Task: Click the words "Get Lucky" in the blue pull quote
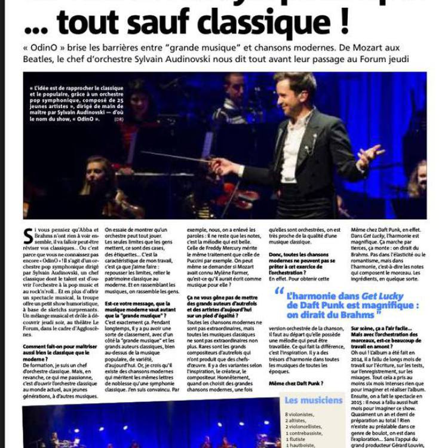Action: [x=382, y=296]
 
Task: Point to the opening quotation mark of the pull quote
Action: [x=279, y=291]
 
